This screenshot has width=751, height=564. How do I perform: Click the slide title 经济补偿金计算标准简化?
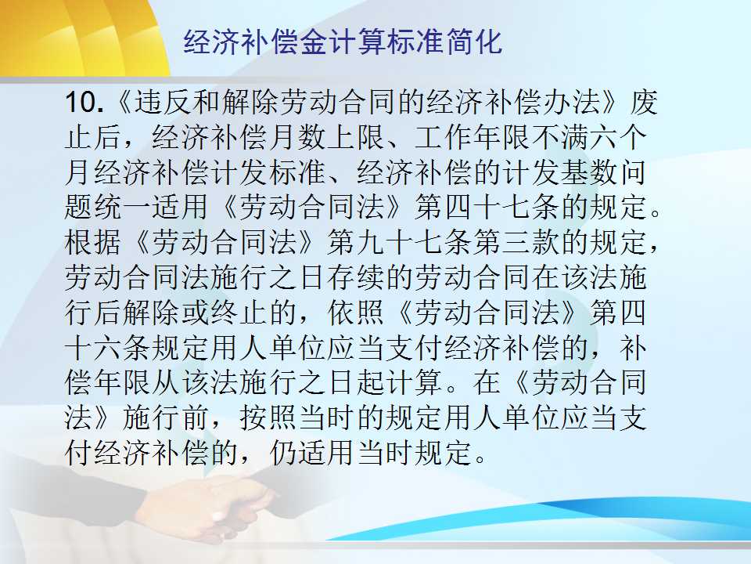point(343,42)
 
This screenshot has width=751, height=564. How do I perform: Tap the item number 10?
point(84,102)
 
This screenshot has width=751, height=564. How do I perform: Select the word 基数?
point(589,172)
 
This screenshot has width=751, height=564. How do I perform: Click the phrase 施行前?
point(166,418)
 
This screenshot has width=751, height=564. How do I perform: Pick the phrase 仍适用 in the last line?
point(313,452)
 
